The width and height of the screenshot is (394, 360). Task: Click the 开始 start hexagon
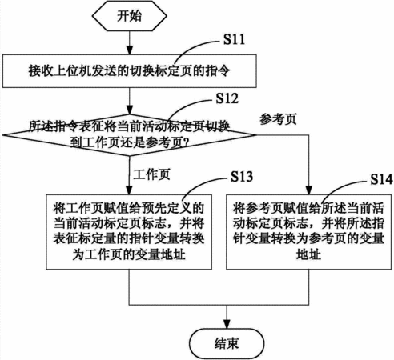click(130, 16)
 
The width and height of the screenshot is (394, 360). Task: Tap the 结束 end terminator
click(227, 343)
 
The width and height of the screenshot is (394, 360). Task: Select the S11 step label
click(234, 39)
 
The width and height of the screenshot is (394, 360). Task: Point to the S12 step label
click(227, 98)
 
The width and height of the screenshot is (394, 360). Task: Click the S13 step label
click(242, 176)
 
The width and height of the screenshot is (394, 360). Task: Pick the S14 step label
click(381, 179)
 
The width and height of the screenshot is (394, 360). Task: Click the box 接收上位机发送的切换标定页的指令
click(130, 71)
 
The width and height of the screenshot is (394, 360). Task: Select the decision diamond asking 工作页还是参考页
click(130, 135)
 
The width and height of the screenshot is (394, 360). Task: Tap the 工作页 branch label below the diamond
click(151, 174)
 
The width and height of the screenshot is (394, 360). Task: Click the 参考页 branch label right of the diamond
click(278, 119)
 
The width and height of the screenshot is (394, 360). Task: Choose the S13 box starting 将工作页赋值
click(129, 232)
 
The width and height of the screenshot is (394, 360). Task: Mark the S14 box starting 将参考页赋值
click(309, 232)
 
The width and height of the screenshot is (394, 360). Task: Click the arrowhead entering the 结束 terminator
click(227, 324)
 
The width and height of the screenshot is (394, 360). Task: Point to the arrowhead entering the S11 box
click(130, 50)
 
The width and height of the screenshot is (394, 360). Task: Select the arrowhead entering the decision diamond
click(130, 110)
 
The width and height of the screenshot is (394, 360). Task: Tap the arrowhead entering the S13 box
click(129, 190)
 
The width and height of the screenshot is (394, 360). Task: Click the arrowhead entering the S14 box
click(309, 190)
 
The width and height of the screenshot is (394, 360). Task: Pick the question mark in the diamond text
click(187, 143)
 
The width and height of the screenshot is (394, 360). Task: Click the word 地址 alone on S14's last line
click(308, 254)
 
